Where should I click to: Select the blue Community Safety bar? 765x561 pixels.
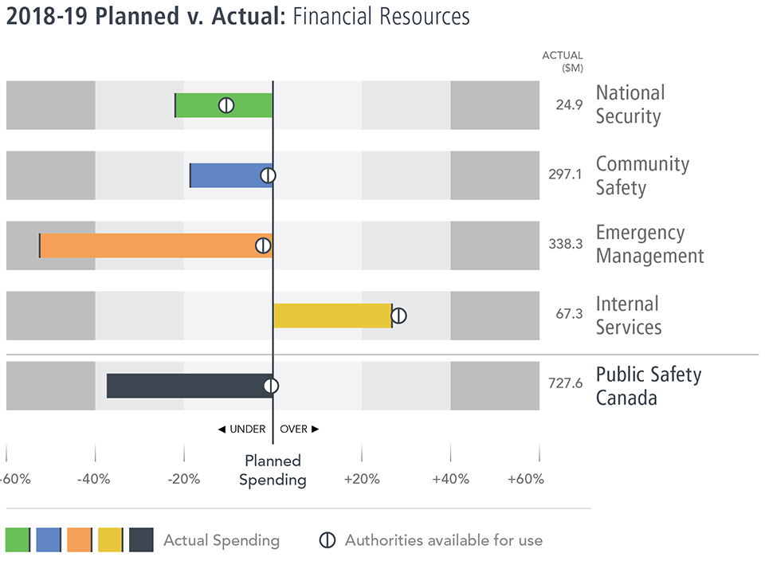(x=231, y=175)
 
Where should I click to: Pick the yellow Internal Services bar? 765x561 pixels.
(x=331, y=316)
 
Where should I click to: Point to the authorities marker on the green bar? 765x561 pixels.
(x=226, y=105)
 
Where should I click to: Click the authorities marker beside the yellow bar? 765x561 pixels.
(x=399, y=316)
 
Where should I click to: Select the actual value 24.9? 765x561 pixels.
(x=569, y=105)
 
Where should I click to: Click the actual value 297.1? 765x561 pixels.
(x=566, y=175)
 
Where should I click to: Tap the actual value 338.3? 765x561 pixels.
(x=566, y=245)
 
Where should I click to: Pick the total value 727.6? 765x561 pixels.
(x=566, y=384)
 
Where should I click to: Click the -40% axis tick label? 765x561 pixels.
(x=95, y=480)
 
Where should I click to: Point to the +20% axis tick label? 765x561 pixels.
(x=362, y=480)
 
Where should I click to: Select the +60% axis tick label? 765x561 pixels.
(x=526, y=480)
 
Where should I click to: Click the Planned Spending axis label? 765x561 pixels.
(x=273, y=470)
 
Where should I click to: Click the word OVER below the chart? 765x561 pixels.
(x=294, y=430)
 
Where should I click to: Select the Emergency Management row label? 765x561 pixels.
(x=649, y=245)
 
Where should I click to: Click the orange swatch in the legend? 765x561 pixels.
(x=80, y=539)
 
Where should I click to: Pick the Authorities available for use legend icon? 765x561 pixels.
(x=327, y=539)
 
